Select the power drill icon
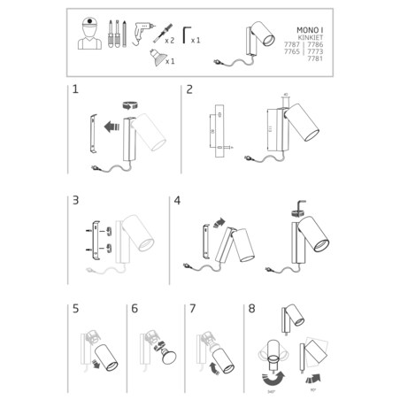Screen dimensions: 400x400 tap(142, 33)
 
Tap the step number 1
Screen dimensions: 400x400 tap(75, 91)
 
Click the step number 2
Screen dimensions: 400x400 tap(189, 90)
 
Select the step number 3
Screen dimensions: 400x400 tap(75, 201)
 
